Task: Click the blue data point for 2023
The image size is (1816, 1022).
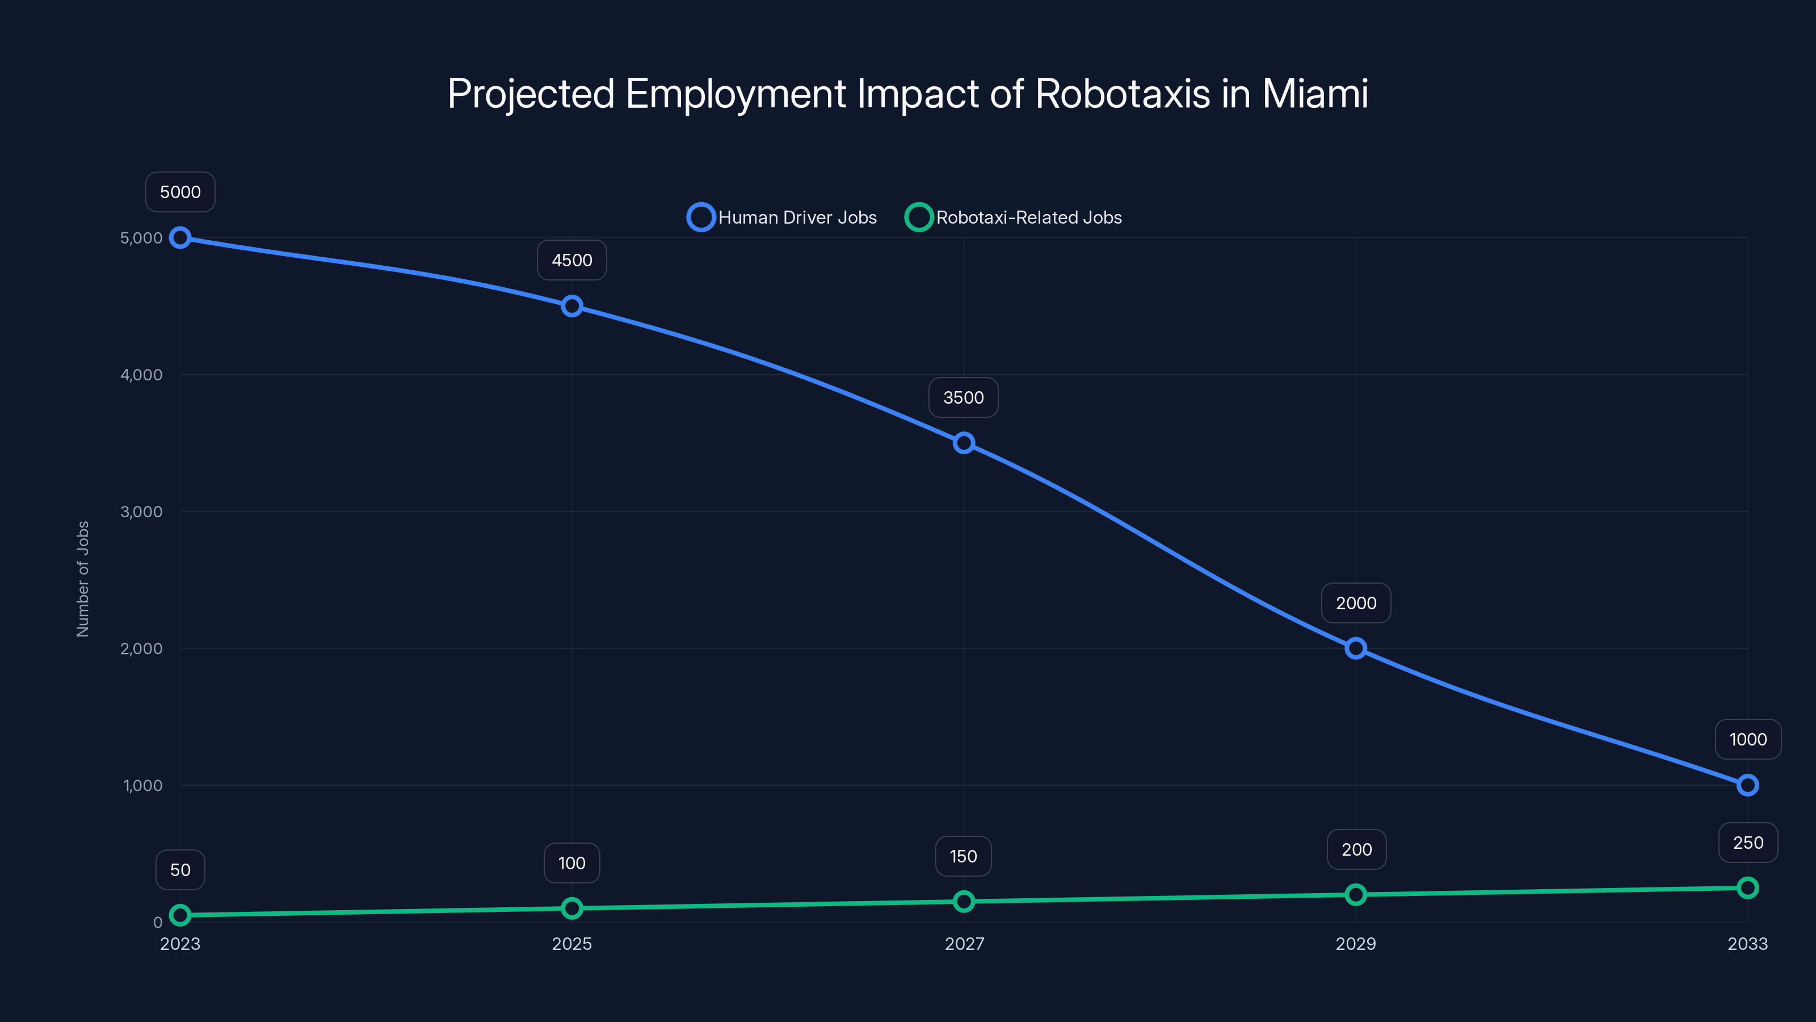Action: [x=180, y=238]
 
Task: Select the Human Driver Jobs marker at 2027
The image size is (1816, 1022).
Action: [x=964, y=443]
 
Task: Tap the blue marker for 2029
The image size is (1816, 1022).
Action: [x=1356, y=648]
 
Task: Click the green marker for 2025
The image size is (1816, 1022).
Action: [x=571, y=908]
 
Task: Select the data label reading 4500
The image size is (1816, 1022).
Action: [x=571, y=260]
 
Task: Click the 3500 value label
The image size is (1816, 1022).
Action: [x=964, y=398]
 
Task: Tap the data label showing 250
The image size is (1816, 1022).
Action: [x=1748, y=843]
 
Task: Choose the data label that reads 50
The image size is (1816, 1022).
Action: [x=180, y=870]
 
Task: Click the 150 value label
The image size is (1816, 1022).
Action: [x=964, y=856]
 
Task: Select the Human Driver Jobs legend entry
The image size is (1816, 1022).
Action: [x=783, y=217]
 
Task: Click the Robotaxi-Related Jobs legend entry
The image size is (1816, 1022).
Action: [x=1014, y=217]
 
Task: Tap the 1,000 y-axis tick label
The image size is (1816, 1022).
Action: [x=143, y=785]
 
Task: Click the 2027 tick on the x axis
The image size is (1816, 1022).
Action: [x=964, y=944]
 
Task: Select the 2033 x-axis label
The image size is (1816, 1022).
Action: [x=1747, y=944]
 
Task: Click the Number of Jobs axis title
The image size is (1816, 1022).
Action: [x=83, y=579]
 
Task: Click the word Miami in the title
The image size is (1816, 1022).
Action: [x=1315, y=94]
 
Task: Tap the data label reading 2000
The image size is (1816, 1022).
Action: [x=1356, y=603]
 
